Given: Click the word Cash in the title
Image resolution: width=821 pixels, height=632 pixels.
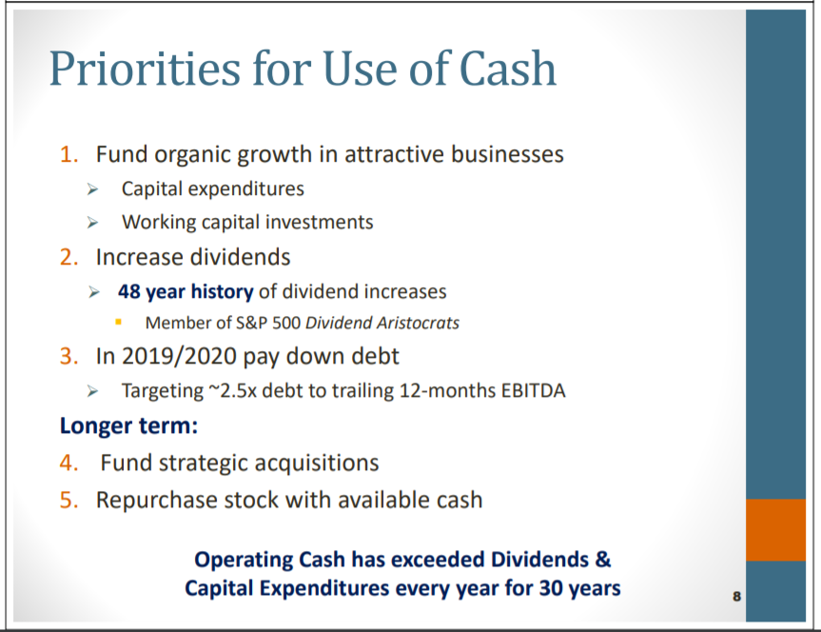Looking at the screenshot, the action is point(507,69).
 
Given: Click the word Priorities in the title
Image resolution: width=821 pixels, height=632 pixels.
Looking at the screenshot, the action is point(145,69).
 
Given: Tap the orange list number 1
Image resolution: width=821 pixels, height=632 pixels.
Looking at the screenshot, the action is point(69,154).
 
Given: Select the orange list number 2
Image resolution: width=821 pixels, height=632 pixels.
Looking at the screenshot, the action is point(69,257).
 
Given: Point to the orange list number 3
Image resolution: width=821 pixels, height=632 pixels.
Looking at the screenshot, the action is point(69,356).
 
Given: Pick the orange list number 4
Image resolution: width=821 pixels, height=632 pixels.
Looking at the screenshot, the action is point(69,463).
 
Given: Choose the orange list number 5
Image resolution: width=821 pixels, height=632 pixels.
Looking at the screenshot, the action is point(69,500).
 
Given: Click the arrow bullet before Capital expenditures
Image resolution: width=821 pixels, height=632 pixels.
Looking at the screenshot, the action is point(92,189).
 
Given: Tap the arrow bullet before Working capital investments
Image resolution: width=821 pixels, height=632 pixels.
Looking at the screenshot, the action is point(92,223).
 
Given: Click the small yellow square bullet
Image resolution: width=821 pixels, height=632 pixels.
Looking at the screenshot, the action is point(118,323).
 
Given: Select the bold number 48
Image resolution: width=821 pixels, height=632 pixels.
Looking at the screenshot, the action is point(128,291).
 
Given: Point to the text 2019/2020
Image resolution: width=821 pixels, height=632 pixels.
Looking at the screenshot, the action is point(179,356).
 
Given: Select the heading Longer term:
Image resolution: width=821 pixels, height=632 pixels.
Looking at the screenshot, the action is point(128,425).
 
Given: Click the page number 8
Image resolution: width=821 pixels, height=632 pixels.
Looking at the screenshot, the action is point(736,597).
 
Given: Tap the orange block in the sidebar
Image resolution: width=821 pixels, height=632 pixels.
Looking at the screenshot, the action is point(775,530).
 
